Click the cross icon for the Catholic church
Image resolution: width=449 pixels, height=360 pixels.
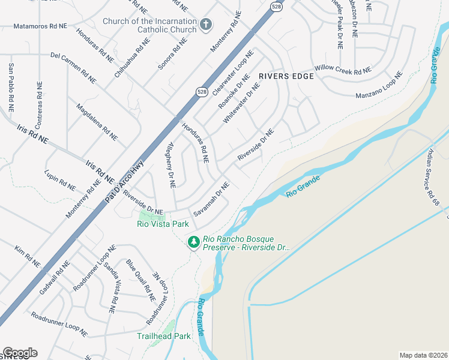(206, 25)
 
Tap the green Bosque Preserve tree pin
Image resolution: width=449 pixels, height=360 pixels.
(193, 242)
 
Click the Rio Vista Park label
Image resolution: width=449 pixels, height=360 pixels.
(163, 224)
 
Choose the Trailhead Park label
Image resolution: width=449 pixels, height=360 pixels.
(163, 336)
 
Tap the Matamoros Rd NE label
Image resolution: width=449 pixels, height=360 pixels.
(40, 27)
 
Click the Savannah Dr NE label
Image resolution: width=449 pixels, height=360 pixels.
(211, 199)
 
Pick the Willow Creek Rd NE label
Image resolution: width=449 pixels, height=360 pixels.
(342, 70)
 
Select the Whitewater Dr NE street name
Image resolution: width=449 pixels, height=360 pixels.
(242, 103)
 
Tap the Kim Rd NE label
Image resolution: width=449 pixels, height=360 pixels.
(28, 256)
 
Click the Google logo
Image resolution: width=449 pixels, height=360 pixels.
(20, 353)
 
